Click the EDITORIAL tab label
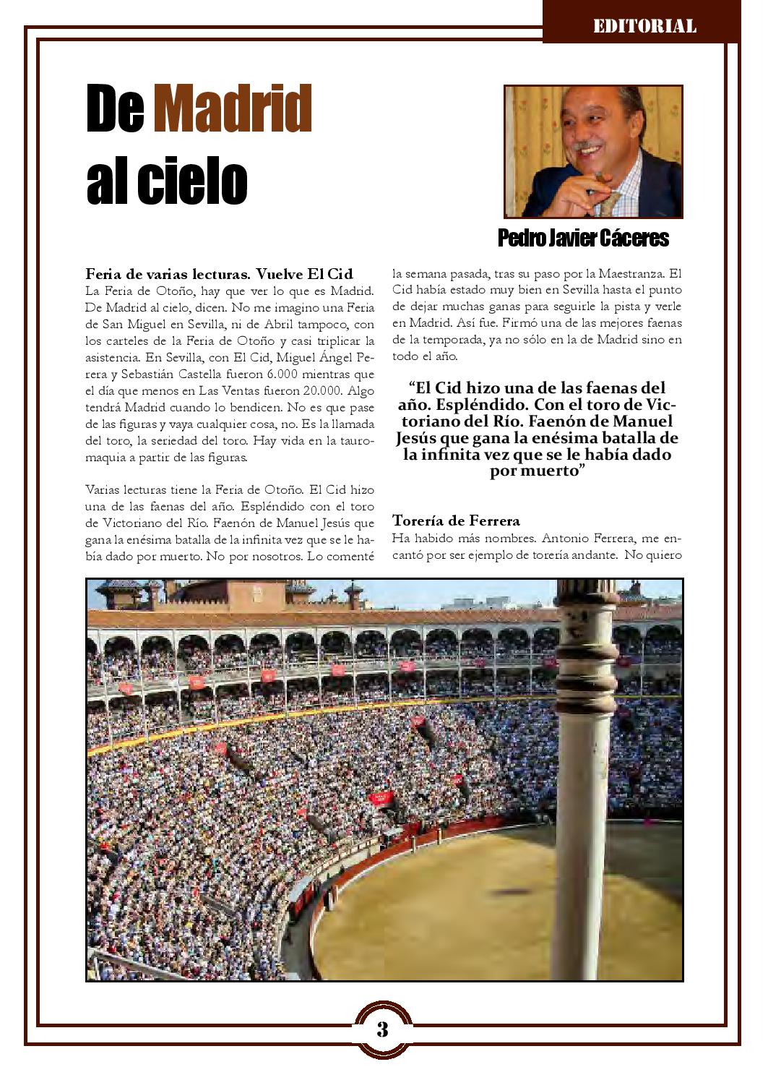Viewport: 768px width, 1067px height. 644,27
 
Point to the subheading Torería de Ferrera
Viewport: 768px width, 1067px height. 456,520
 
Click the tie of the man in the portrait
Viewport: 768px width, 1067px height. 611,202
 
